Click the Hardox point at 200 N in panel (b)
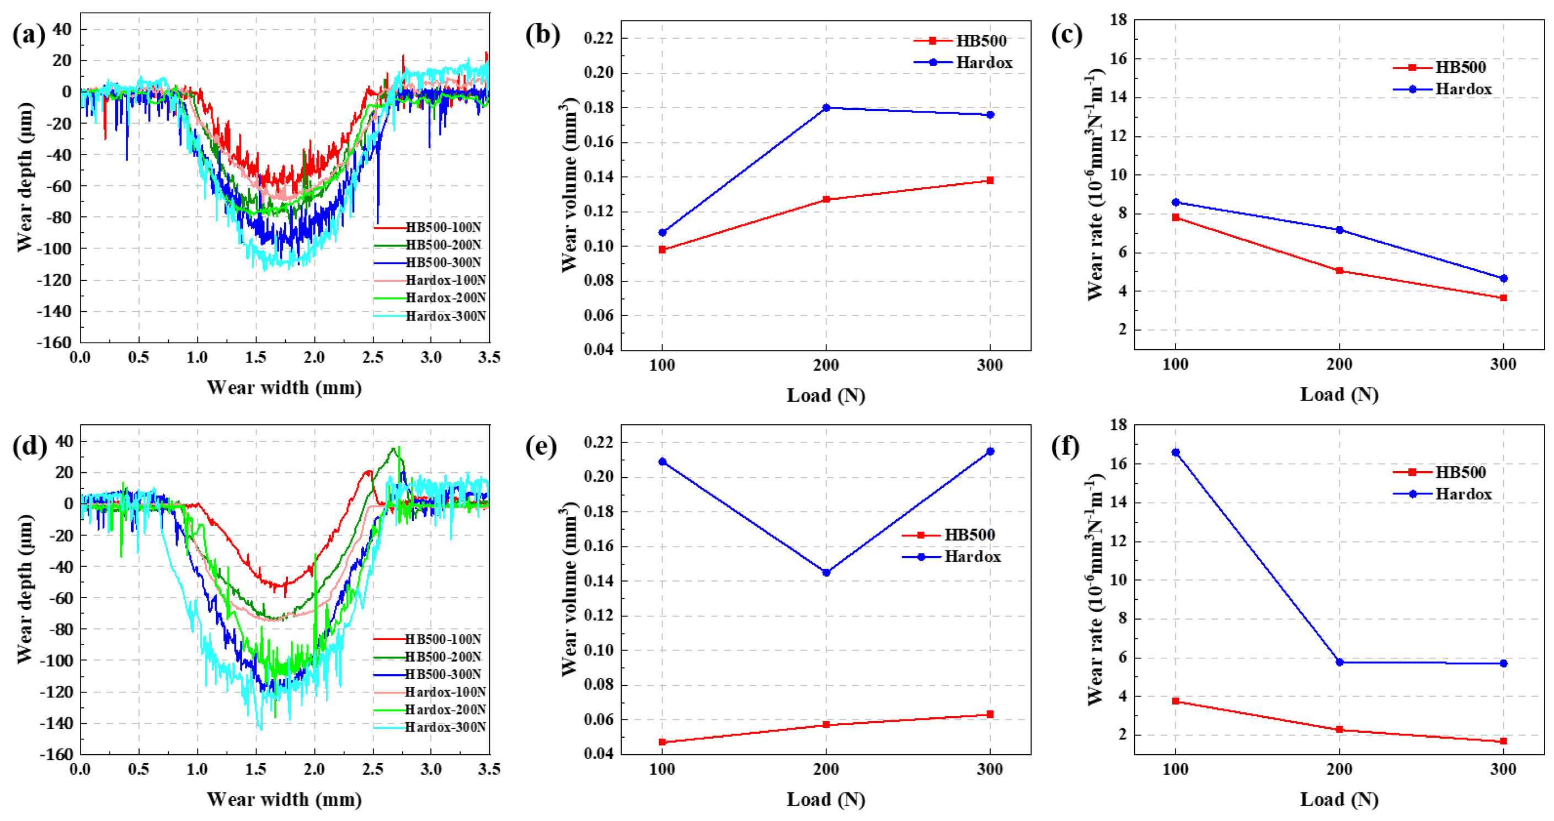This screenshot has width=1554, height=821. click(x=826, y=108)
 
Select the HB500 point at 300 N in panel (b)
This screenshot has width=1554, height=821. click(x=990, y=180)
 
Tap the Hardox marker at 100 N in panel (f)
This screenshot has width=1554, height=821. click(x=1176, y=452)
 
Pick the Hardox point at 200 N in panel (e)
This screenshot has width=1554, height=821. click(x=826, y=573)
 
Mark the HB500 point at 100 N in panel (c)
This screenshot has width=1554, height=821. click(x=1176, y=217)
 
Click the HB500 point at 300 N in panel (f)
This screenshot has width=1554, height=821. click(x=1503, y=741)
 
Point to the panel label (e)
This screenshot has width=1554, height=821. click(x=541, y=447)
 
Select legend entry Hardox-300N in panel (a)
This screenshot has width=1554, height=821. click(x=445, y=316)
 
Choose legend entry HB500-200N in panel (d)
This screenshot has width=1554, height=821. click(x=443, y=657)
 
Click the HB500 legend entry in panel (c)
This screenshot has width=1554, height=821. click(x=1460, y=67)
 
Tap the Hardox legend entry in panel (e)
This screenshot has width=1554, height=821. click(x=972, y=556)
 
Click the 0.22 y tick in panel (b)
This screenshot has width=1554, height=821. click(x=599, y=39)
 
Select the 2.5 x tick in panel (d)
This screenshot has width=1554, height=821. click(x=372, y=769)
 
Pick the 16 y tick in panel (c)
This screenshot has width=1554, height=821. click(x=1119, y=58)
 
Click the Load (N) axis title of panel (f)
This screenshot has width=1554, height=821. click(x=1339, y=799)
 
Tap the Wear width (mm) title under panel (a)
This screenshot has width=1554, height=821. click(x=284, y=387)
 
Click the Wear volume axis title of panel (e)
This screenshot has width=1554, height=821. click(x=569, y=589)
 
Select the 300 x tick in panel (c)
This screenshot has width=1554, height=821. click(x=1503, y=364)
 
